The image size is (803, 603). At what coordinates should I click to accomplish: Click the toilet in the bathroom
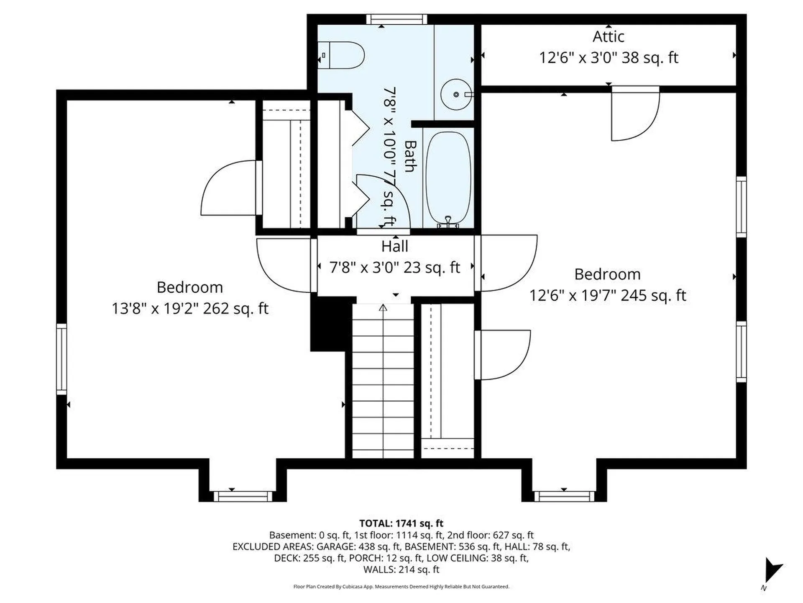341,55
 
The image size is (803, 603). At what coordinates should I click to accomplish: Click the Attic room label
609,37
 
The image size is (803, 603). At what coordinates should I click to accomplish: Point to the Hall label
395,246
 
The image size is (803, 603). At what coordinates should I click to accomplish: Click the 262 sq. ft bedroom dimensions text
190,309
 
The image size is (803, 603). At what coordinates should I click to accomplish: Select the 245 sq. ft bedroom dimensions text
608,296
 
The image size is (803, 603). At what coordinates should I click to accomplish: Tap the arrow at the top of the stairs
383,308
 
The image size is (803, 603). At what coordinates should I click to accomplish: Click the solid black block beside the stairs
328,324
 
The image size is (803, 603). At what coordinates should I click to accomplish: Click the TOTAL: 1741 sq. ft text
401,523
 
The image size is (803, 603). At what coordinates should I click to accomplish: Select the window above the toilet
397,19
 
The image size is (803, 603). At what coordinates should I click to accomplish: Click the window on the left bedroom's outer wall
61,359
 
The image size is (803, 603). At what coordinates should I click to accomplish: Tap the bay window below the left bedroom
243,496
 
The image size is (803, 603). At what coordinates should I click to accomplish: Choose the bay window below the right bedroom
564,496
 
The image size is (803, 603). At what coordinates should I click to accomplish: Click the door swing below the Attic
635,113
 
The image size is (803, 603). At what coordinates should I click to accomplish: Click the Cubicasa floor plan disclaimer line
401,587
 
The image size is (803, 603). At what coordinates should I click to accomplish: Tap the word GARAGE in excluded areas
334,546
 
